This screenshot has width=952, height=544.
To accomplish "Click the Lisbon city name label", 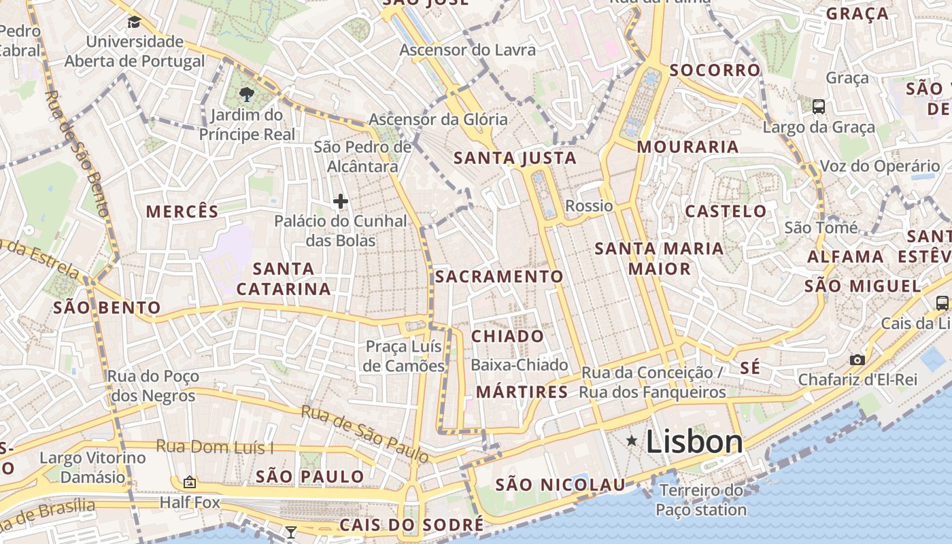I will (694, 442).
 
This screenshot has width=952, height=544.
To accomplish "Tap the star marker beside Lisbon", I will (632, 441).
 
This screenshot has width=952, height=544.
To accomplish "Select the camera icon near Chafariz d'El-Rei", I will (857, 360).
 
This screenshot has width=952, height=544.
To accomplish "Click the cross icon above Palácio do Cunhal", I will (341, 201).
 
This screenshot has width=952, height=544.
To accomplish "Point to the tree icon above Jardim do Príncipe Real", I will (247, 95).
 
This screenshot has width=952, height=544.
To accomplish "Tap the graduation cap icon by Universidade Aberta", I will (134, 22).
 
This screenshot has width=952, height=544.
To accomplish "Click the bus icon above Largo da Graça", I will (819, 106).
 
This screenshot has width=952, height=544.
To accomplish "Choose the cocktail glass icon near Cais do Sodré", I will (291, 532).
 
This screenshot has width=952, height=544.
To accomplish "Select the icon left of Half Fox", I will (190, 482).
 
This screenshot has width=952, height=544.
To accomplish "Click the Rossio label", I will (590, 205).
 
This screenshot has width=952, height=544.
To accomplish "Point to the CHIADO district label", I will (508, 336).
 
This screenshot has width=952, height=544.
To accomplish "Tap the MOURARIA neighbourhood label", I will (688, 147).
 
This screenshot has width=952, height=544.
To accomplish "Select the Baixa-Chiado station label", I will (520, 365).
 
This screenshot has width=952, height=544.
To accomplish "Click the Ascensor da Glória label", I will (438, 120).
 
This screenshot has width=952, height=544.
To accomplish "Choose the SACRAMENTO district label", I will (500, 276).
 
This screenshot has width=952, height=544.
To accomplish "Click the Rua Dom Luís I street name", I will (214, 447).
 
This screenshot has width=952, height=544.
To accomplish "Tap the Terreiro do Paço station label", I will (702, 500).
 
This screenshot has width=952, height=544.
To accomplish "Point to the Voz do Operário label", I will (881, 166).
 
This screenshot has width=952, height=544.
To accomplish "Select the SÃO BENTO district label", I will (107, 307).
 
